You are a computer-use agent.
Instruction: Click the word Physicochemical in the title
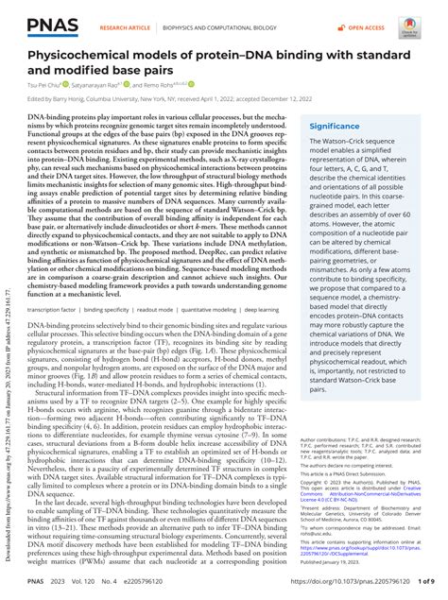(83, 55)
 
